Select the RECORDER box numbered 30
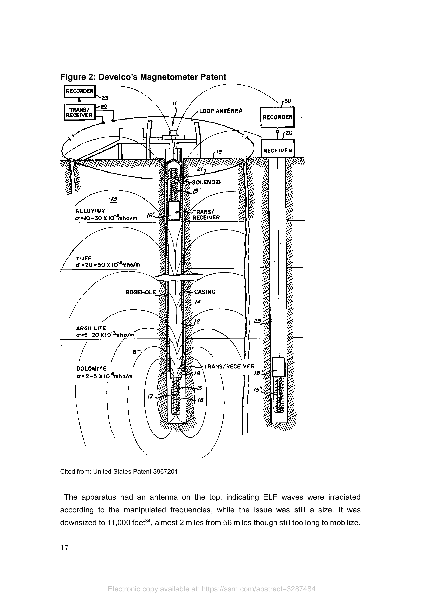point(277,117)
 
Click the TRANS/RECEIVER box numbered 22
point(79,112)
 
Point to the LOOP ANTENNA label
point(221,111)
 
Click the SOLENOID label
point(206,182)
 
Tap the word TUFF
point(83,258)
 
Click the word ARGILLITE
point(91,328)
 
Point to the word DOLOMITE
point(92,369)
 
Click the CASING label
point(205,292)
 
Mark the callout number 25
point(257,321)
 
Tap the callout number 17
point(151,396)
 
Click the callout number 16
point(200,400)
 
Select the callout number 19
point(219,152)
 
